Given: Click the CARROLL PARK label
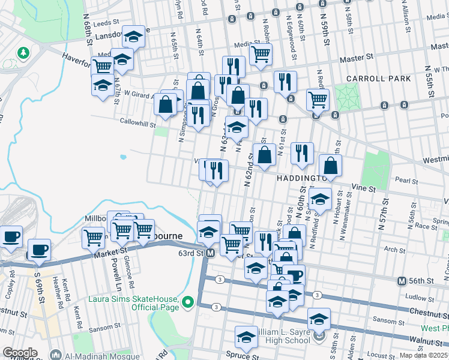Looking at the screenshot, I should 378,79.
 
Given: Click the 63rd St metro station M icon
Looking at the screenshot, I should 211,254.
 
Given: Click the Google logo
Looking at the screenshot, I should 20,353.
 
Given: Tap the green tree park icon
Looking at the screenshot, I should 23,53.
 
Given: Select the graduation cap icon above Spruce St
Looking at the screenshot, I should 246,340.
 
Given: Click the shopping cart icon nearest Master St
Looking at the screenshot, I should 261,55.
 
